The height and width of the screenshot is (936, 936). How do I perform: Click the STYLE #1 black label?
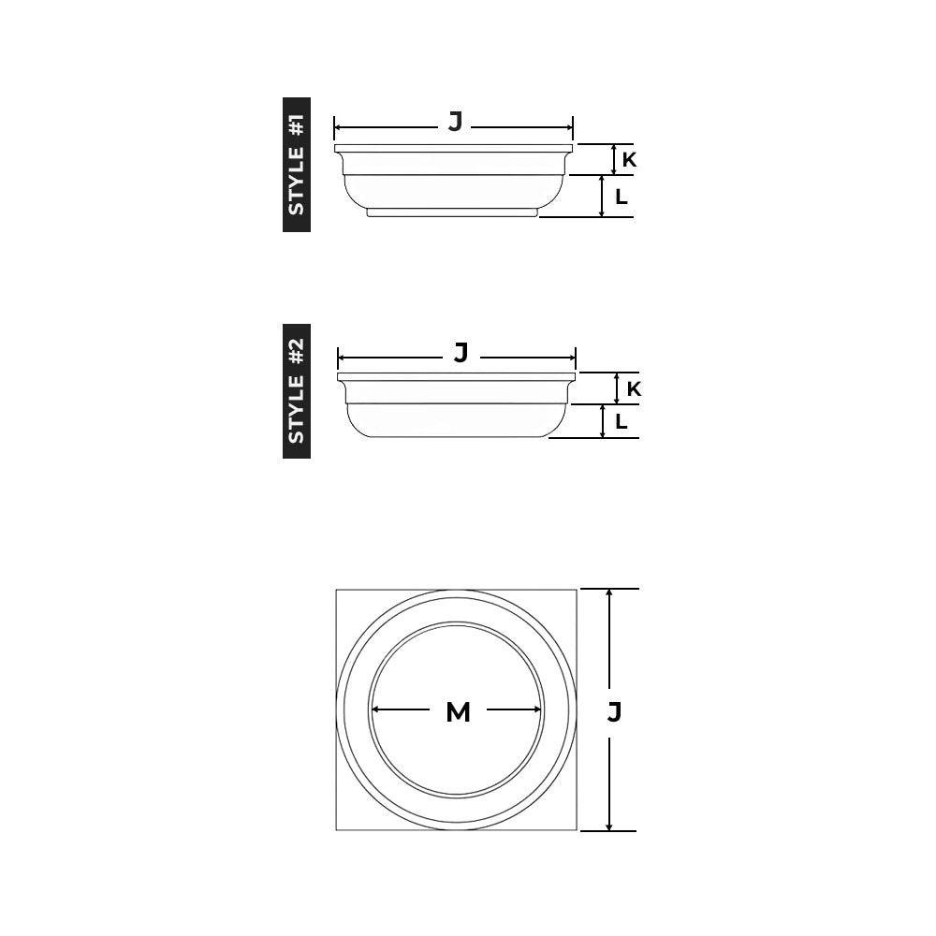297,165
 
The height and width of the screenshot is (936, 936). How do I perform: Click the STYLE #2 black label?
297,391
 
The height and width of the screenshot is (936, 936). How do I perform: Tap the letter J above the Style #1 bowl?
455,122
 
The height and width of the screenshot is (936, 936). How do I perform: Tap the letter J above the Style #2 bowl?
461,353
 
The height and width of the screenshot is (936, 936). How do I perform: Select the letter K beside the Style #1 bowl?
629,160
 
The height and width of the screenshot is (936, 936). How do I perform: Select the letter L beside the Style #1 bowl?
622,197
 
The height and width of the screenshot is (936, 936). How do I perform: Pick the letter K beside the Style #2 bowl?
634,388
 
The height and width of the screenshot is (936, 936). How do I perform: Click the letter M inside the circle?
458,712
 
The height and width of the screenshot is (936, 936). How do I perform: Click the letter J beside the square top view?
614,712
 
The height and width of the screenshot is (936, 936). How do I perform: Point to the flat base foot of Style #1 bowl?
452,212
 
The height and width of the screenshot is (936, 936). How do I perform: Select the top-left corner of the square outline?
337,590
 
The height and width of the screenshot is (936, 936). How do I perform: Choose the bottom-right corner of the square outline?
577,829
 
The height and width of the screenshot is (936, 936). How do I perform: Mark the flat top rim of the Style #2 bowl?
457,376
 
